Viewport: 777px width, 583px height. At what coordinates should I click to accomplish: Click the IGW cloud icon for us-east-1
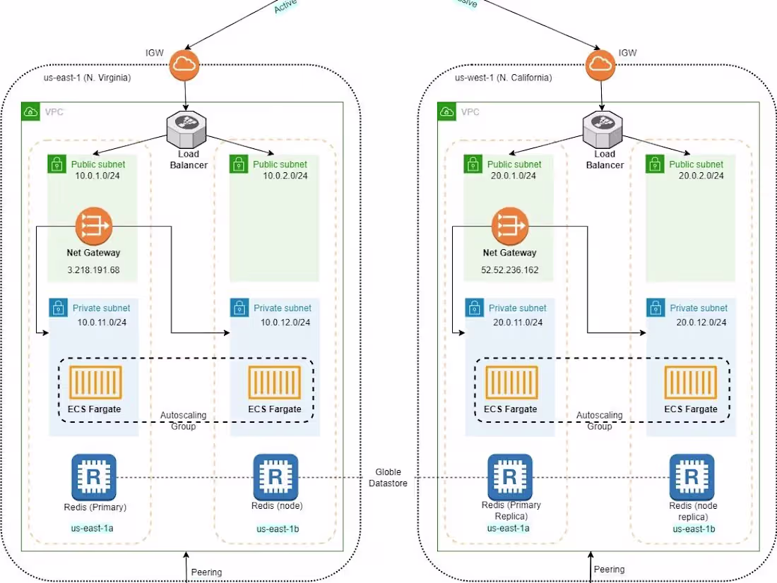coord(184,66)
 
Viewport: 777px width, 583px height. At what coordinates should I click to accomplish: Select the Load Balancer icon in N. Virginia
coord(186,128)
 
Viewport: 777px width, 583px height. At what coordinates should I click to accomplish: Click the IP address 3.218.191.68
coord(93,270)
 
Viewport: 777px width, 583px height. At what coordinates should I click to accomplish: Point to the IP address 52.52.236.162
coord(509,270)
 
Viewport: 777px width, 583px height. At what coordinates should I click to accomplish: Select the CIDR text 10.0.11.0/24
coord(102,322)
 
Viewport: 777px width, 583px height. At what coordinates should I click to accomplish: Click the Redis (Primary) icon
coord(94,476)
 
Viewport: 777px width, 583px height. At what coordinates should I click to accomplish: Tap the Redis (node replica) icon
coord(692,476)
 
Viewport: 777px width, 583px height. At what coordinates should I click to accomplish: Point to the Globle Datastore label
coord(388,477)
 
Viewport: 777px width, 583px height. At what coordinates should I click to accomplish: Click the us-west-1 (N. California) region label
coord(503,78)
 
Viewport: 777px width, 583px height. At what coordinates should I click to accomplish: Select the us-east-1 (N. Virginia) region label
coord(87,78)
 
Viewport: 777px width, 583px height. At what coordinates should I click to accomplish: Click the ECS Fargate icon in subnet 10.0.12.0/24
coord(274,383)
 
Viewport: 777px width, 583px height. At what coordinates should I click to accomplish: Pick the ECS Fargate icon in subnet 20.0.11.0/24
coord(511,383)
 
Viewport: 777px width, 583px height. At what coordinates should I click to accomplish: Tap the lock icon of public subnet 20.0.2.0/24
coord(654,164)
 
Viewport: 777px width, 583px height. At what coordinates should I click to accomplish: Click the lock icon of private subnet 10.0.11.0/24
coord(57,308)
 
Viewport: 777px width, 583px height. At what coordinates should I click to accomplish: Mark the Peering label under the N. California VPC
coord(609,569)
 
